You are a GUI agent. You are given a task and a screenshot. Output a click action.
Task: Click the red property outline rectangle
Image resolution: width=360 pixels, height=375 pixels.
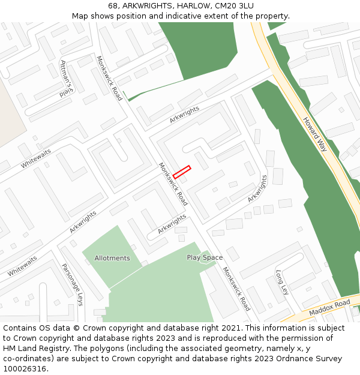click(182, 172)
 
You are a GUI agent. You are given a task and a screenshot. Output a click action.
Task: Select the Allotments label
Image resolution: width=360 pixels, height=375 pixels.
click(112, 258)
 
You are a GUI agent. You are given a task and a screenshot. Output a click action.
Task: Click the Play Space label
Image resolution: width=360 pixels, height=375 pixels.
click(205, 257)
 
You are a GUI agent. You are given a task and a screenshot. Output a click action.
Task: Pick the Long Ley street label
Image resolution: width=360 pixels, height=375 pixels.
click(282, 281)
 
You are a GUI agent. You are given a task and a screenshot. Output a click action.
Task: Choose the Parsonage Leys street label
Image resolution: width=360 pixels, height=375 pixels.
click(72, 284)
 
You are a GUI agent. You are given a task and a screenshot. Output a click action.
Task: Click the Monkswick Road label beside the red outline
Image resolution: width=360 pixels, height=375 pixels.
click(173, 184)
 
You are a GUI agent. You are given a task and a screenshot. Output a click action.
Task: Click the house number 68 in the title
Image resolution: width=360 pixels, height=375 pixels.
click(113, 6)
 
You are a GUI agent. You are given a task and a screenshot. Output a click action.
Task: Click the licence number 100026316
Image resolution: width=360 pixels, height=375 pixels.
click(26, 369)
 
